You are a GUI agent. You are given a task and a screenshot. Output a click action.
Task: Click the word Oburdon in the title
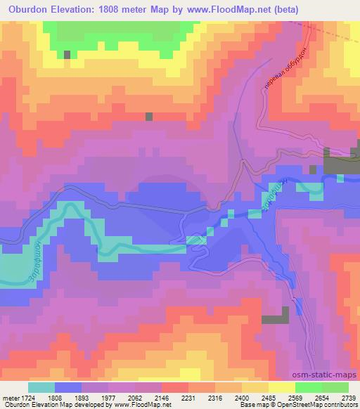27,9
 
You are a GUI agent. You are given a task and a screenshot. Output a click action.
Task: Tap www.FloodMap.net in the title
217,9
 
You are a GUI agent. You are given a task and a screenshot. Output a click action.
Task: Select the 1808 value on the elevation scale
67,397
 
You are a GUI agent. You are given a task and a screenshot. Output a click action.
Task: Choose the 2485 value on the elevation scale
270,397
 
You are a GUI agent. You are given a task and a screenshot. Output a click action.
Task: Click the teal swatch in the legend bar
41,387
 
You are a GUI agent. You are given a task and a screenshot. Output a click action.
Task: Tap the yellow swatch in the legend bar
281,387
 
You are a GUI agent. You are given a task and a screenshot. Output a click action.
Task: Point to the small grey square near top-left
67,54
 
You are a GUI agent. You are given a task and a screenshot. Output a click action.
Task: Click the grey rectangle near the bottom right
275,319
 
